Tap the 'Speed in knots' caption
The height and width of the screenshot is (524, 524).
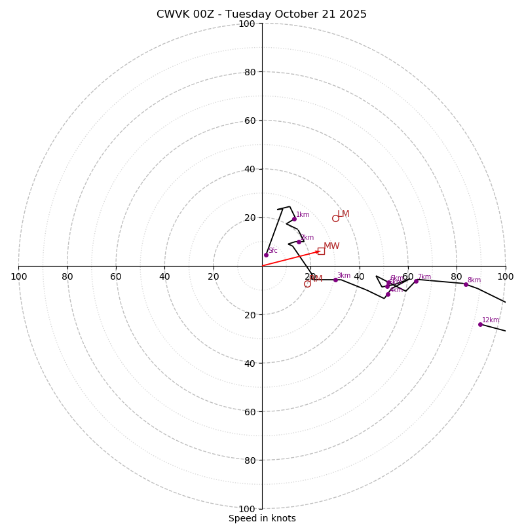(x=262, y=518)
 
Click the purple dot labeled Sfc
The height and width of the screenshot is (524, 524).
(x=266, y=255)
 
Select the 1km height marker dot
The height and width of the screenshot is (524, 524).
(x=294, y=219)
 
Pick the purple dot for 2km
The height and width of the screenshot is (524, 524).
(x=299, y=242)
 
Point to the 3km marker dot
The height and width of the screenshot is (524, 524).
(x=335, y=280)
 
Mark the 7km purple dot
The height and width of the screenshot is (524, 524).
(x=416, y=281)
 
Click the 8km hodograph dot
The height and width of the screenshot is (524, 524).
(x=466, y=284)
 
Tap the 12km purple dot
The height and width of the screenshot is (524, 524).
(x=480, y=324)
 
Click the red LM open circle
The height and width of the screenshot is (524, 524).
(x=335, y=218)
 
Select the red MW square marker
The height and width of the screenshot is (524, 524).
(x=321, y=251)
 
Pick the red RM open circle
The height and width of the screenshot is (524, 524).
(x=307, y=284)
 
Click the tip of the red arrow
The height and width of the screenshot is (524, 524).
(x=320, y=251)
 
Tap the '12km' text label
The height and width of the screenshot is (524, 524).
(x=491, y=320)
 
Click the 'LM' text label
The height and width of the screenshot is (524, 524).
(x=344, y=214)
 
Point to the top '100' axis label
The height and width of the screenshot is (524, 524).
(x=247, y=24)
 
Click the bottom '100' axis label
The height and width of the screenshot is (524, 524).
(x=247, y=509)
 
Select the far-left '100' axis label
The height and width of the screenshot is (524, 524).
(x=18, y=276)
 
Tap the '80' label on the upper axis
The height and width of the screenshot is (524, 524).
(x=250, y=72)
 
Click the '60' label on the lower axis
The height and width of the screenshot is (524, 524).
(x=250, y=412)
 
